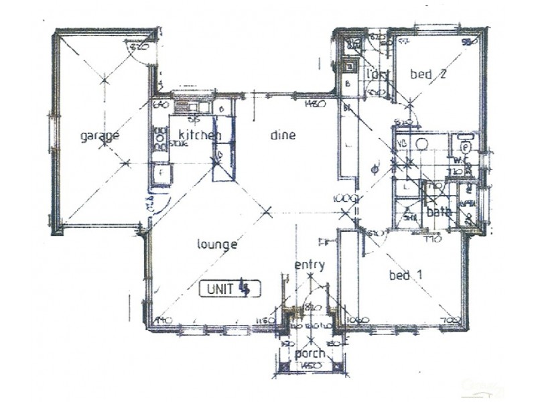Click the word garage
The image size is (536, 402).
(100, 136)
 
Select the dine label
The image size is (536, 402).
(283, 135)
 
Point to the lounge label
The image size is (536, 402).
(216, 245)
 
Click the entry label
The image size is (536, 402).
(310, 265)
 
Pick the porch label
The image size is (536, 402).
(310, 353)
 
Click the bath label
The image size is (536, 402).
(441, 212)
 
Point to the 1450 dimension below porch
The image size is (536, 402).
(310, 365)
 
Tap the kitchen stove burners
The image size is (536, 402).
(159, 138)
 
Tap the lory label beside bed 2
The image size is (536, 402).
(379, 74)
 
